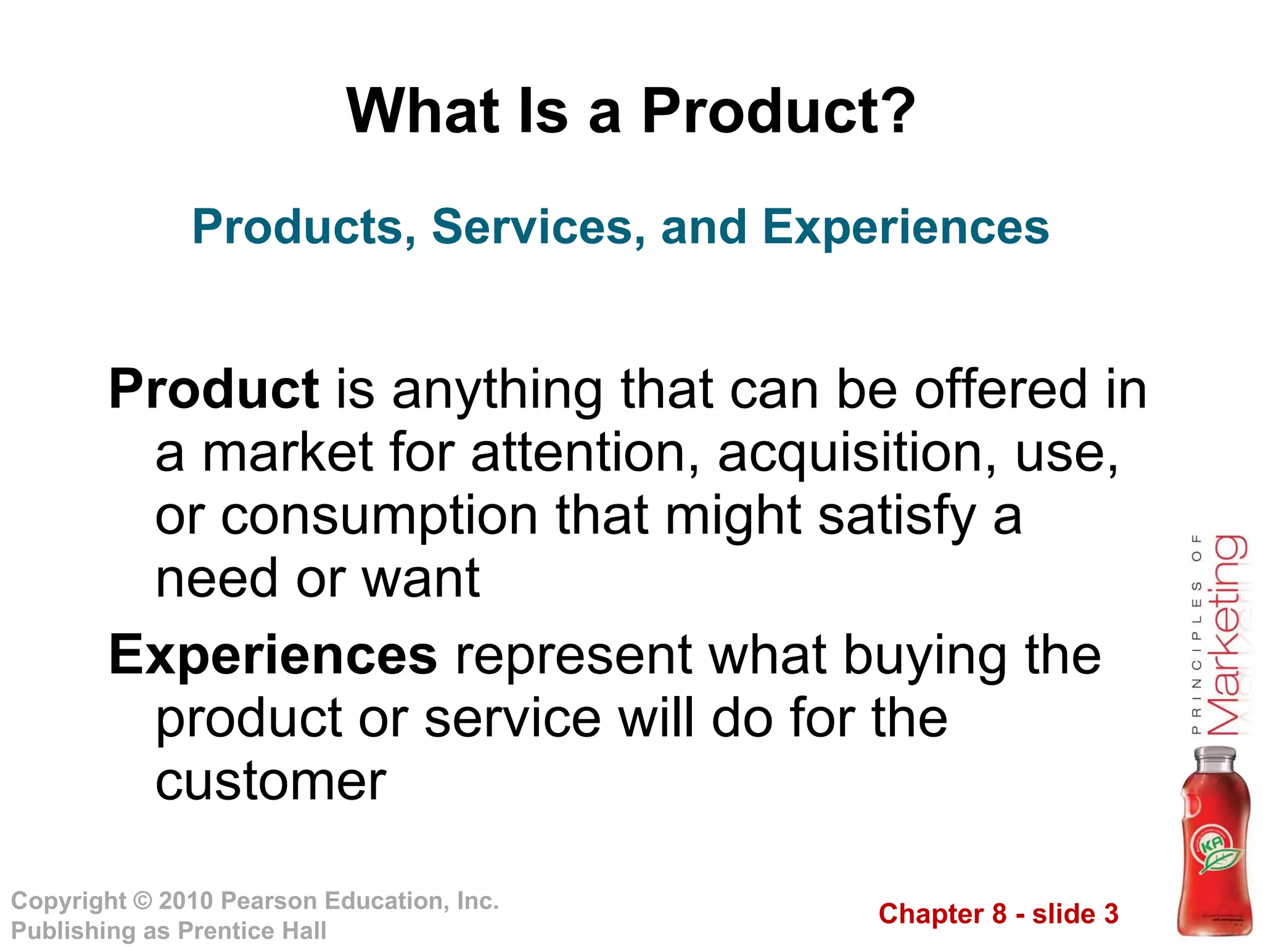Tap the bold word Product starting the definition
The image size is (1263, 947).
click(x=214, y=390)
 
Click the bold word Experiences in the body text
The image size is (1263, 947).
click(x=273, y=655)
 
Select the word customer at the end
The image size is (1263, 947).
click(x=271, y=782)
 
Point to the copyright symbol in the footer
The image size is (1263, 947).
click(x=142, y=901)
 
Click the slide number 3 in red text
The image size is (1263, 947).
click(x=1111, y=914)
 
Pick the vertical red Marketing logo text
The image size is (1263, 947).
click(x=1225, y=635)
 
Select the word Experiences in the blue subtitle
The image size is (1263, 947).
click(x=905, y=228)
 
